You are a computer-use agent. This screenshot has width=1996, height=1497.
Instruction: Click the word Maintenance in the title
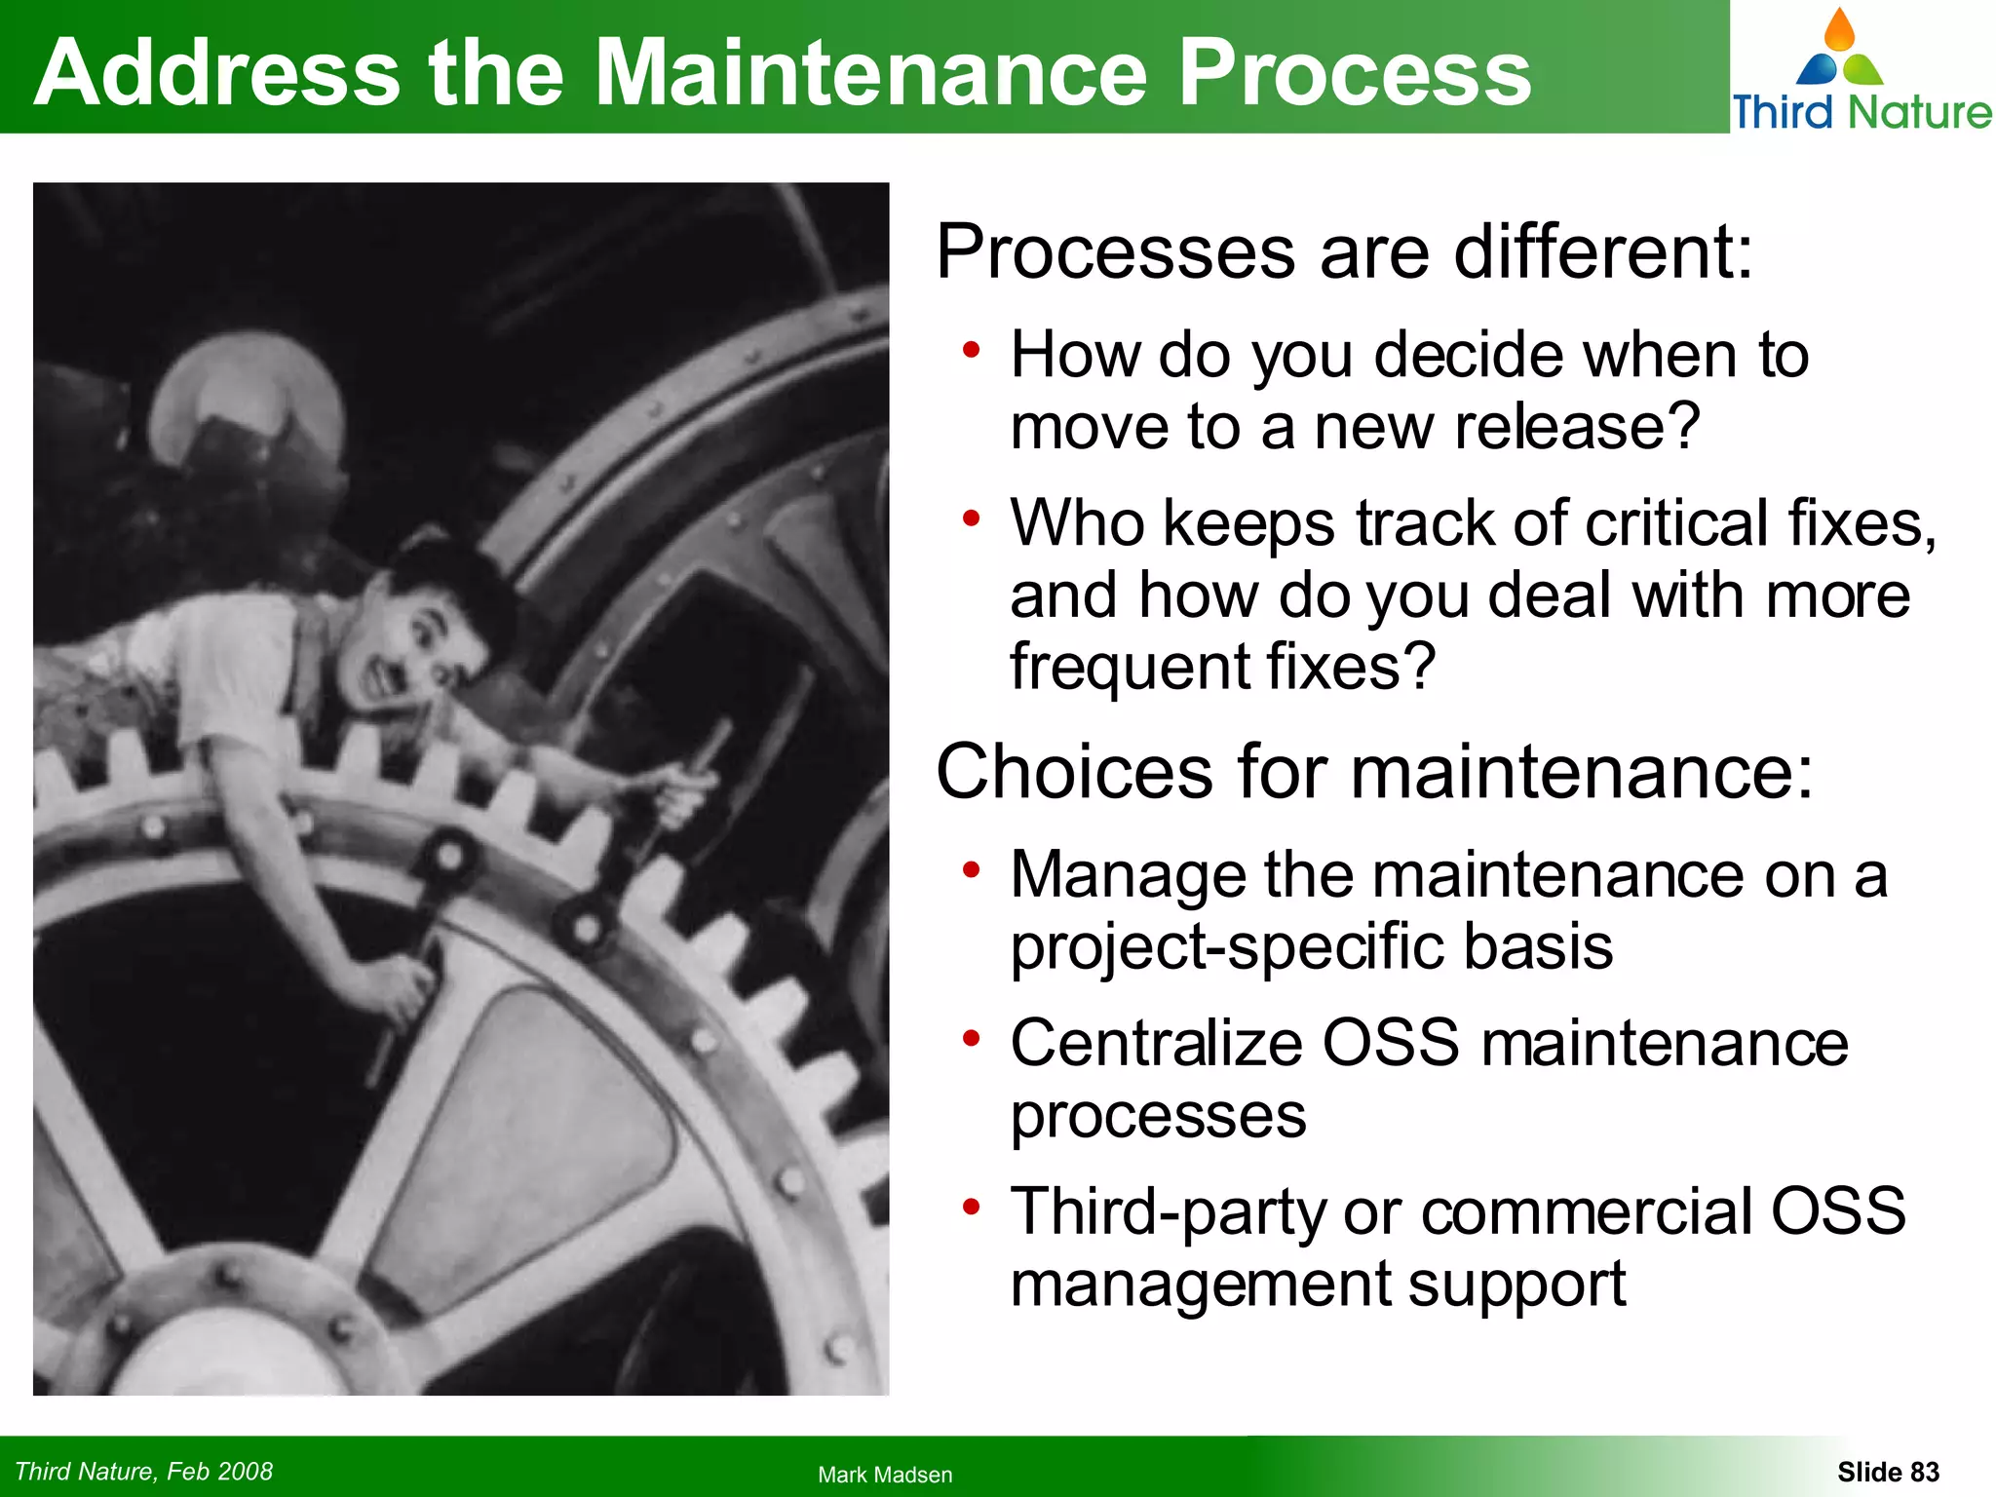pos(870,72)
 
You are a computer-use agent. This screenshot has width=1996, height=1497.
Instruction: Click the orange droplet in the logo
pos(1839,31)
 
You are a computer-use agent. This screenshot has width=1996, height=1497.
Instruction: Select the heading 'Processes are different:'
pos(1344,252)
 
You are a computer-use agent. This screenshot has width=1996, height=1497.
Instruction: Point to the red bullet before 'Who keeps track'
pos(971,518)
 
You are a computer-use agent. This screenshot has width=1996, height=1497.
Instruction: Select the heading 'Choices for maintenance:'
pos(1374,772)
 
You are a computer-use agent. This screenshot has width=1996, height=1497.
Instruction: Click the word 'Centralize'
pos(1156,1043)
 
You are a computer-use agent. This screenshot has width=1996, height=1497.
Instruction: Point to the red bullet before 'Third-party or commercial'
pos(971,1208)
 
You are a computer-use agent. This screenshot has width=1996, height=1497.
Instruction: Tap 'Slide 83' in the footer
pos(1888,1472)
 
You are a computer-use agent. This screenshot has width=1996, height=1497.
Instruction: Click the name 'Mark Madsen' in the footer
pos(885,1475)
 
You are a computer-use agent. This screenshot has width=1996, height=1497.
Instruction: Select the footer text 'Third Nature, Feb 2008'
pos(144,1471)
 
